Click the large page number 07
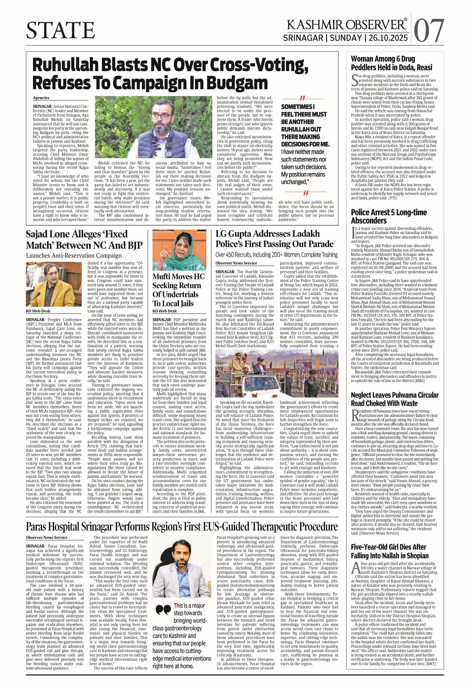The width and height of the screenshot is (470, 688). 430,30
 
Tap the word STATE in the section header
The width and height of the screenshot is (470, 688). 61,30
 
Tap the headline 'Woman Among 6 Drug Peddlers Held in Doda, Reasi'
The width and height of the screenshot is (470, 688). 391,63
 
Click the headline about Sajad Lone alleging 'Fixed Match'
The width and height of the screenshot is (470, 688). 84,240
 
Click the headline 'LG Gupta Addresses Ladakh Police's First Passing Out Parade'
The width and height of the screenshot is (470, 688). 274,239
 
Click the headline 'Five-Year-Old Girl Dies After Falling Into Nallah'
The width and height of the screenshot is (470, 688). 389,551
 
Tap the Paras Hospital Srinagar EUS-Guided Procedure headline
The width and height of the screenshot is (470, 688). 182,527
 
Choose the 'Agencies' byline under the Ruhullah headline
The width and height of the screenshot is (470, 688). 41,98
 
